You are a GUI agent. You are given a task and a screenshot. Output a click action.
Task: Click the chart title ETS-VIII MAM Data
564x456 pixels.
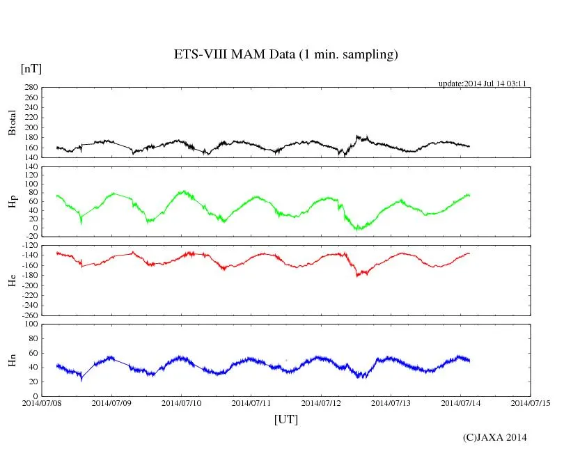pos(285,55)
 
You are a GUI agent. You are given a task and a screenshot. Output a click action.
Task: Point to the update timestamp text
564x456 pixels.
pos(482,84)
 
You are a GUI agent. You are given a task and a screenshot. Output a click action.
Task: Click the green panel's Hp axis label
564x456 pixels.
pos(12,202)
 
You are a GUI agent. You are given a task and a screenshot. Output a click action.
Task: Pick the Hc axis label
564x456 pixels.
pos(12,281)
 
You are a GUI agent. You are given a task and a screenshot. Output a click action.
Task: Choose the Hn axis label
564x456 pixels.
pos(12,360)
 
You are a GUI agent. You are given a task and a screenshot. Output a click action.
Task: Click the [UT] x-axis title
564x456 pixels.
pos(286,419)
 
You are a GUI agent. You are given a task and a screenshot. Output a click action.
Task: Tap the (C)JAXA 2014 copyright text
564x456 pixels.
pos(494,437)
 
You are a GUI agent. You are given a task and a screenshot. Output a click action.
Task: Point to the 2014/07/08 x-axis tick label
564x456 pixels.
pos(42,402)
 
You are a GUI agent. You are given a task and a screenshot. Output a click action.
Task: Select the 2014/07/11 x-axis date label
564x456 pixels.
pos(251,402)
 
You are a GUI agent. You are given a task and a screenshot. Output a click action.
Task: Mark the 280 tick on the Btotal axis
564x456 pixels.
pos(30,88)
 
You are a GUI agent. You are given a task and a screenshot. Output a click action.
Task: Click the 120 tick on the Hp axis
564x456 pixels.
pos(30,167)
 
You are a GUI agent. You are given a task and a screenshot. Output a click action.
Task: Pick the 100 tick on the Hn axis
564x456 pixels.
pos(30,324)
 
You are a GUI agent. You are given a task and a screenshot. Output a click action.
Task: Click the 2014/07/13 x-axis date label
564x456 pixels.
pos(391,402)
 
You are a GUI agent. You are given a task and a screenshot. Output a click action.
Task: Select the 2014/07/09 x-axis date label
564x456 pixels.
pos(111,402)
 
